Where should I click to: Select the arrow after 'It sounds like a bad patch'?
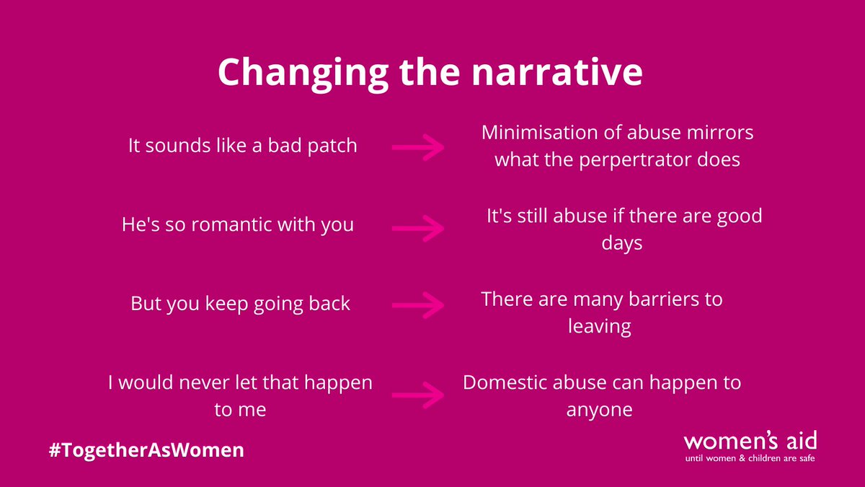pos(417,147)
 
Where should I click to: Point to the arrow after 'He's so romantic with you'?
pos(417,227)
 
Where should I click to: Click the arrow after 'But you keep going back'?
pos(417,304)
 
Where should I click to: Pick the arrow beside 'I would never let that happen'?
pos(417,395)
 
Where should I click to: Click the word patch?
pos(332,146)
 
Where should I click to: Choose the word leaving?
pos(599,326)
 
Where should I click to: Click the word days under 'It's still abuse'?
pos(621,243)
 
